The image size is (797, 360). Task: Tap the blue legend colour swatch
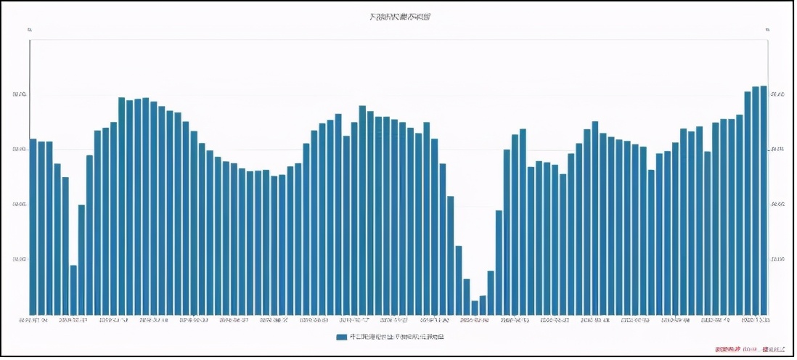pos(341,337)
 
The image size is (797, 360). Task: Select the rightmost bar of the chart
pos(763,200)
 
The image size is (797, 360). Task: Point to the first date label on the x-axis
pos(33,319)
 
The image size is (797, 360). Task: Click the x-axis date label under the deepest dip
pos(475,319)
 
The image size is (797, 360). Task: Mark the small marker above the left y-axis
pos(29,30)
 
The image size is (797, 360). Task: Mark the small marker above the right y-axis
pos(767,30)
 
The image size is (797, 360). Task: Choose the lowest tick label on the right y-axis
pos(777,259)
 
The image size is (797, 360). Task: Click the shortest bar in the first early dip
pos(73,290)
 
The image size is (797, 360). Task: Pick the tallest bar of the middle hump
pos(362,210)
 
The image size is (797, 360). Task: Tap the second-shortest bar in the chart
pos(483,305)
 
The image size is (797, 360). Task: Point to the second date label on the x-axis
pos(73,319)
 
